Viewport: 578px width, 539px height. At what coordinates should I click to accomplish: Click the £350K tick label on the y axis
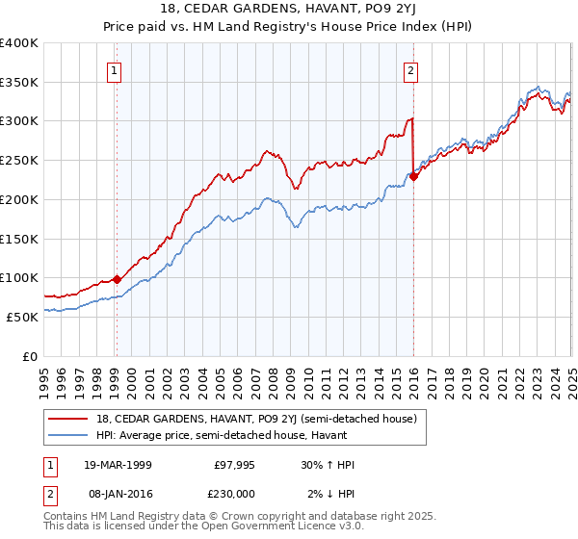19,83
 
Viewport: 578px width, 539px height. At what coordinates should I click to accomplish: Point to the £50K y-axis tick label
22,317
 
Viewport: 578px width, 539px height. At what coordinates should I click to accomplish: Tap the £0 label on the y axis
30,356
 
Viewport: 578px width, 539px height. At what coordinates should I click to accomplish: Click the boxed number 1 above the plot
115,69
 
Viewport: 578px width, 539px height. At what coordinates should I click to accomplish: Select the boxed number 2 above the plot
411,69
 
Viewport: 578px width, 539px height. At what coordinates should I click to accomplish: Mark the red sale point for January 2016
413,176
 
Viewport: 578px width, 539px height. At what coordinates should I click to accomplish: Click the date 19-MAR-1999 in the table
118,465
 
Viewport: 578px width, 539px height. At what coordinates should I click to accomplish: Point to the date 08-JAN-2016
118,493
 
